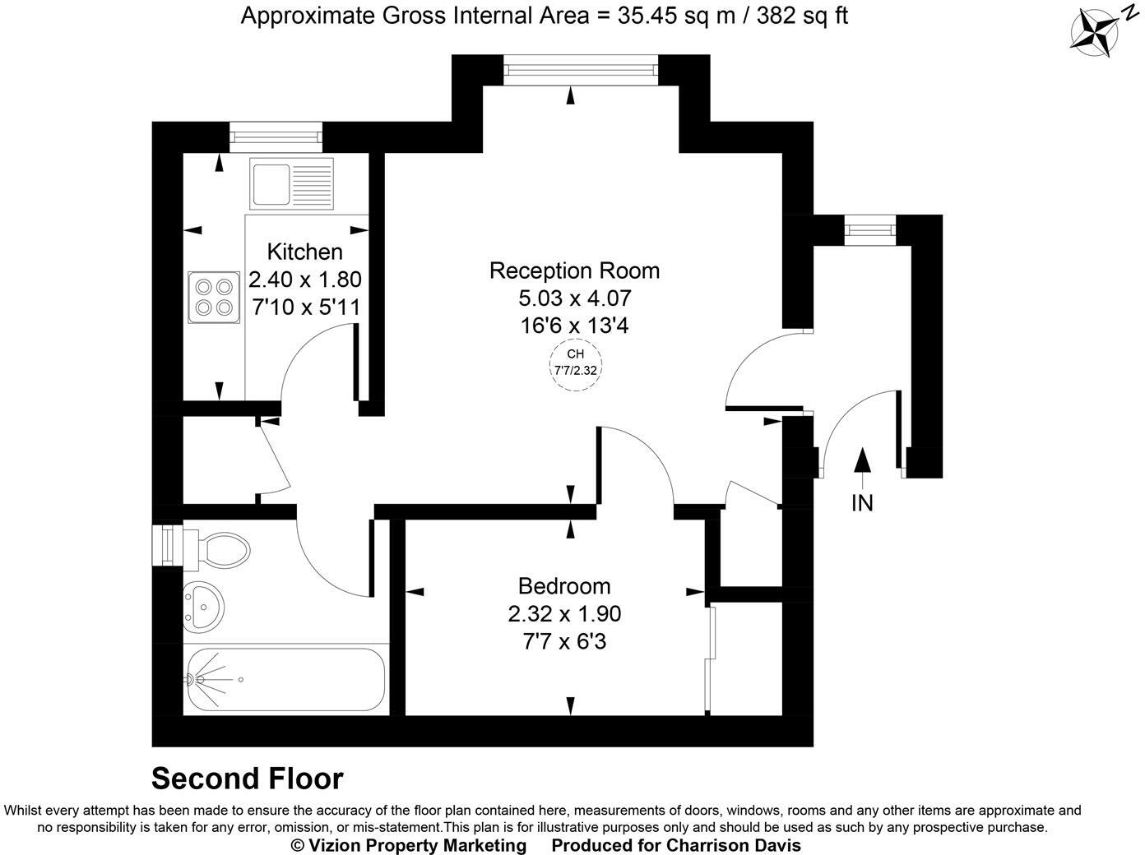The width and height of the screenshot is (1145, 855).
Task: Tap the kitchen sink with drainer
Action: [x=292, y=183]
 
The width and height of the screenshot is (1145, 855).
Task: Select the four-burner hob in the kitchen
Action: [x=214, y=297]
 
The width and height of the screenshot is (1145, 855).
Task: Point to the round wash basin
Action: [x=203, y=608]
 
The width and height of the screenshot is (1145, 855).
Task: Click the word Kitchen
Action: [x=304, y=252]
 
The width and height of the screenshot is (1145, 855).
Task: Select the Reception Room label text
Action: [x=574, y=270]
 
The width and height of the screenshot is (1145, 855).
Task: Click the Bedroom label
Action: [x=564, y=586]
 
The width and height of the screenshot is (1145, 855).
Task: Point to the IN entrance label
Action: [x=862, y=503]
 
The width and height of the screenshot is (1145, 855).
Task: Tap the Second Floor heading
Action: [x=248, y=779]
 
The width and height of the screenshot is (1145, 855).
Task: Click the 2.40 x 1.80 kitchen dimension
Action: [x=304, y=280]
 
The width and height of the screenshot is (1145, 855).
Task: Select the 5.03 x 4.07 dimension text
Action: [x=575, y=298]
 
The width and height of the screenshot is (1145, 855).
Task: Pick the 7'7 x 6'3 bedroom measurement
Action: [x=564, y=640]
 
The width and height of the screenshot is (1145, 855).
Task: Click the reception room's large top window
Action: [x=581, y=69]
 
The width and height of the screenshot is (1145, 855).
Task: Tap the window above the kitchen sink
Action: [x=276, y=137]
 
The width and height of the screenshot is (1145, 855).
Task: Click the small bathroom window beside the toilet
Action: [x=168, y=545]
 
